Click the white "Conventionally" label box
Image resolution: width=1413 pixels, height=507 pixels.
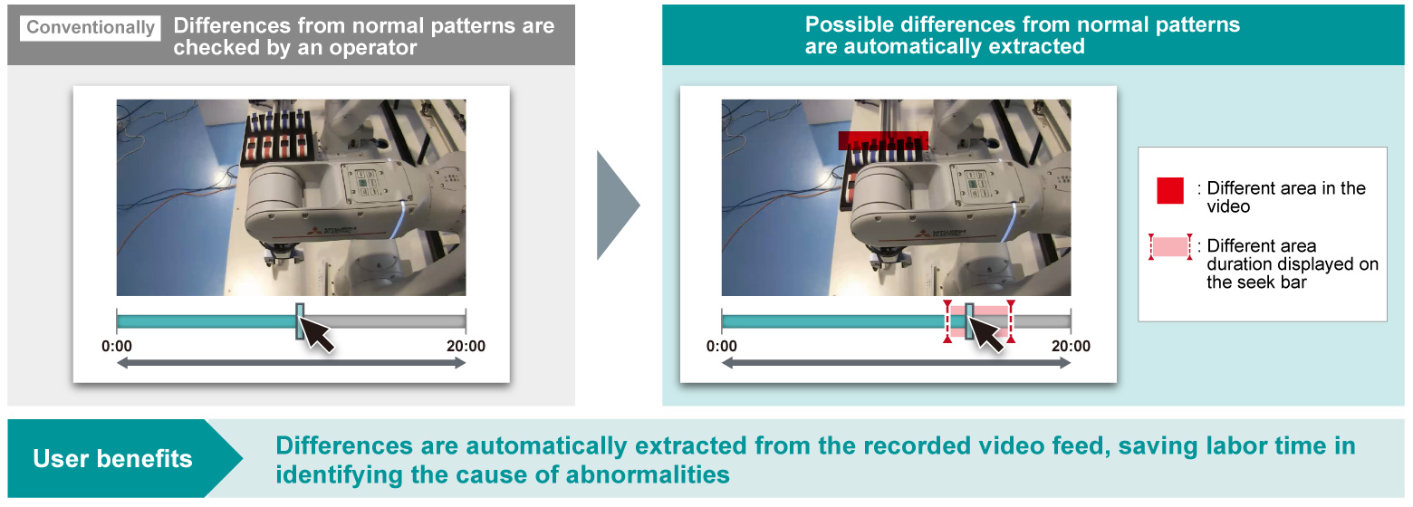tap(91, 28)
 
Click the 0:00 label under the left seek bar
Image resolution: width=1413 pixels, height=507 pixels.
tap(117, 346)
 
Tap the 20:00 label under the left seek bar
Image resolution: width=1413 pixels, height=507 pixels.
tap(466, 346)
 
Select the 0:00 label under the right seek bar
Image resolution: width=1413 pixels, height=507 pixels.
tap(722, 346)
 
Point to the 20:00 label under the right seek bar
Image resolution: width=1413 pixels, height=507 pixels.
tap(1072, 346)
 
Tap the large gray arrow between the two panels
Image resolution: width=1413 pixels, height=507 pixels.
tap(618, 205)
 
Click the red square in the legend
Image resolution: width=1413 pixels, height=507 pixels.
tap(1170, 190)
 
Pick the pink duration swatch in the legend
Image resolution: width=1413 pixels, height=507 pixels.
tap(1170, 246)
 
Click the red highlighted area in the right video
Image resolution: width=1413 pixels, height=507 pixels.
tap(883, 140)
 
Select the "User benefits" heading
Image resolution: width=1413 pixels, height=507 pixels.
tap(112, 459)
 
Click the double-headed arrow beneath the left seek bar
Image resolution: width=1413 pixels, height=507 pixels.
tap(292, 363)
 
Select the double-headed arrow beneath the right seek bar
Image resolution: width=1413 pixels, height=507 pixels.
tap(897, 363)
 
